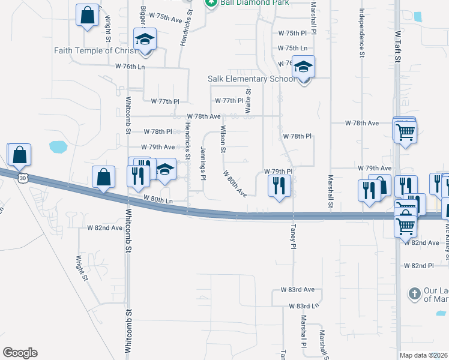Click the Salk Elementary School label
[x=252, y=79]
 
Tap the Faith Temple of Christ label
[x=95, y=50]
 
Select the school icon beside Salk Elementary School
[x=304, y=67]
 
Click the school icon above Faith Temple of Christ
[x=143, y=40]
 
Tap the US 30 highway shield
[x=23, y=178]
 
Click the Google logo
[x=20, y=353]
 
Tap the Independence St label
[x=362, y=32]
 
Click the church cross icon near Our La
[x=414, y=294]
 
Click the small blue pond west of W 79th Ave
[x=58, y=146]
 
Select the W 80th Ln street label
[x=158, y=200]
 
